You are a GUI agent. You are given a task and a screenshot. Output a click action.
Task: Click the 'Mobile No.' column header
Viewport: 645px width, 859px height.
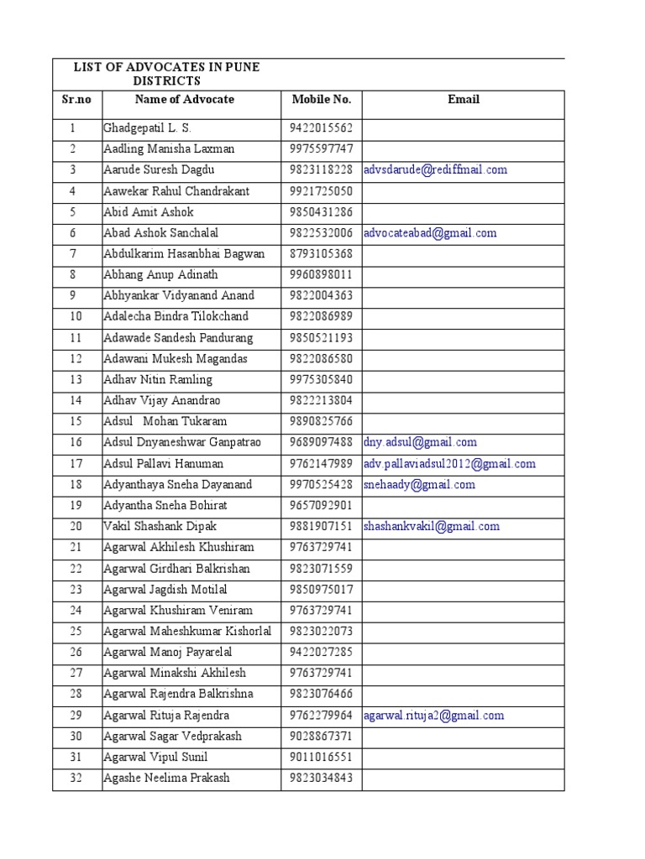point(321,100)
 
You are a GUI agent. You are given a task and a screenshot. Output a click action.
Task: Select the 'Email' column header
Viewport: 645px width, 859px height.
point(463,100)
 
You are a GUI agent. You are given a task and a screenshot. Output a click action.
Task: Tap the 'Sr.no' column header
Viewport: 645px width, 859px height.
point(76,100)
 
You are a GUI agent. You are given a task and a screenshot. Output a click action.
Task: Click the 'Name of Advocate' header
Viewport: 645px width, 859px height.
point(184,100)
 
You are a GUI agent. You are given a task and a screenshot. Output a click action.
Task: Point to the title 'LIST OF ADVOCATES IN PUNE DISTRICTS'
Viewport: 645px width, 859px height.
point(166,74)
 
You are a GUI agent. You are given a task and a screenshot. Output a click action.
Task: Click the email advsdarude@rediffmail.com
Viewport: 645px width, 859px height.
point(435,170)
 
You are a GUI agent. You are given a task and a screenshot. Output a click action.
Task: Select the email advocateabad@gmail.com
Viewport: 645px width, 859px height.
point(429,233)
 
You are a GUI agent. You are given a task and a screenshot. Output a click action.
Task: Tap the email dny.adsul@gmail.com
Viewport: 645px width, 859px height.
point(420,442)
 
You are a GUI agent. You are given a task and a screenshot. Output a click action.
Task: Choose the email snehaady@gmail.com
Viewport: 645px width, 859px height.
point(419,484)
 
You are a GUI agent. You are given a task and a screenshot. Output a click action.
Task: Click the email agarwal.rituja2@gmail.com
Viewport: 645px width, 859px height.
point(433,716)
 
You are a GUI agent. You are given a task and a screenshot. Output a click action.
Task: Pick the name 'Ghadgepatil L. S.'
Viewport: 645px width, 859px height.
point(147,128)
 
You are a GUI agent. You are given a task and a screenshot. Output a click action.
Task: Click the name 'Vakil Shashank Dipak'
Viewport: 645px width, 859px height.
point(160,527)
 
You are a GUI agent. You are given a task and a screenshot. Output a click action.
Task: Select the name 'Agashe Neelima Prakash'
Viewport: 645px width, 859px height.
point(166,778)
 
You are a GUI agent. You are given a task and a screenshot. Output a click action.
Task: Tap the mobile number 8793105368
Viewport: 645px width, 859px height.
point(322,254)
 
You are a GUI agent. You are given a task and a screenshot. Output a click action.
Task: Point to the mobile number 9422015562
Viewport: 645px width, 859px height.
point(322,128)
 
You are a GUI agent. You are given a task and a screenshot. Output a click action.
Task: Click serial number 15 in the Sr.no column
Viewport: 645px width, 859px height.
point(76,421)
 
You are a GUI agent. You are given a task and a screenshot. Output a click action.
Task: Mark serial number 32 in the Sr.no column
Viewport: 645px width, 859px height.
point(76,778)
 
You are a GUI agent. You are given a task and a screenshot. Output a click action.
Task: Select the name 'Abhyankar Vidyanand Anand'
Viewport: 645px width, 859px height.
point(178,296)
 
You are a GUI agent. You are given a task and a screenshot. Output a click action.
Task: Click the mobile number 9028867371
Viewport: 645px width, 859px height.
point(322,736)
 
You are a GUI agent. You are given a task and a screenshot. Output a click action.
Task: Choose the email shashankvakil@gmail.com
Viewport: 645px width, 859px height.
point(431,527)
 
